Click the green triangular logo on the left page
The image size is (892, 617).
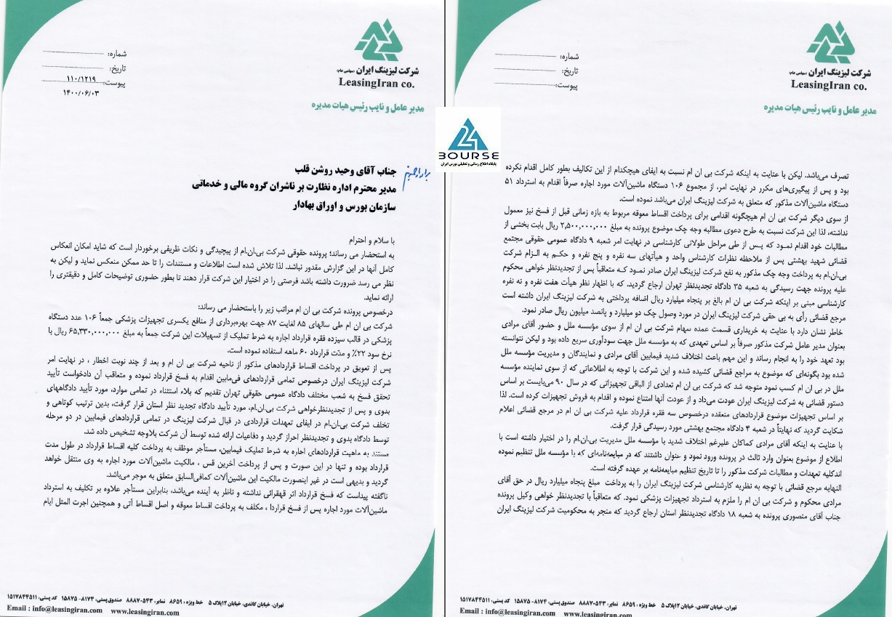coord(378,41)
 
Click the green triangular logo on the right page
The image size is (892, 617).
coord(829,43)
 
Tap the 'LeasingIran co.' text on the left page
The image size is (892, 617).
coord(377,81)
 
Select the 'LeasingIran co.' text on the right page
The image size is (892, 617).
coord(829,85)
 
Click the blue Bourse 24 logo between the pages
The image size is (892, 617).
coord(468,134)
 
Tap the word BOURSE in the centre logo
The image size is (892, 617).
coord(468,156)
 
